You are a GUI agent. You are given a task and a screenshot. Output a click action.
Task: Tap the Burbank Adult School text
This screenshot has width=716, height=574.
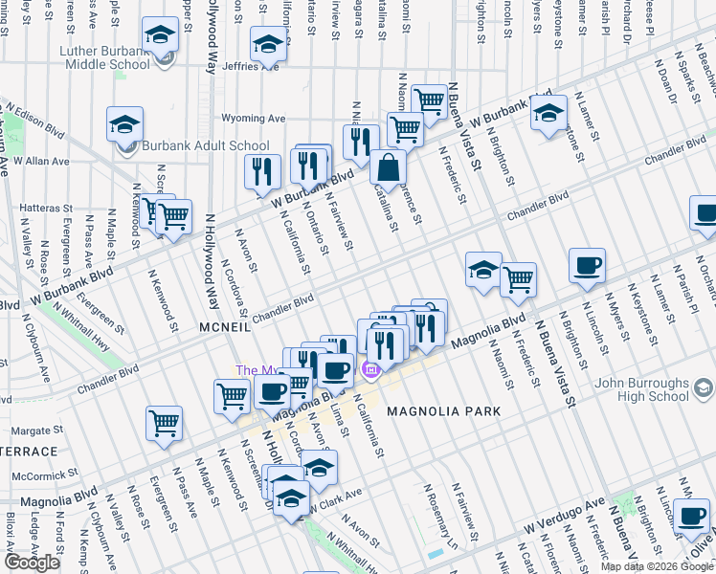205,145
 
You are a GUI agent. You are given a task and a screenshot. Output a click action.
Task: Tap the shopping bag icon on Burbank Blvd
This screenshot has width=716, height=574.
388,167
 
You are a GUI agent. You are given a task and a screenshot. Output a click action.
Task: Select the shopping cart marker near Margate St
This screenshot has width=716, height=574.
165,424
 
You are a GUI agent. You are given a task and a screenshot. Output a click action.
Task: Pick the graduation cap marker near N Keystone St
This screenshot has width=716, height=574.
548,116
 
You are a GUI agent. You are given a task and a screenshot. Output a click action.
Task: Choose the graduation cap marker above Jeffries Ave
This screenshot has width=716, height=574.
269,43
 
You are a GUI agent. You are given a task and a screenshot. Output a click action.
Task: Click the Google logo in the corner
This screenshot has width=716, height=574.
33,563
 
